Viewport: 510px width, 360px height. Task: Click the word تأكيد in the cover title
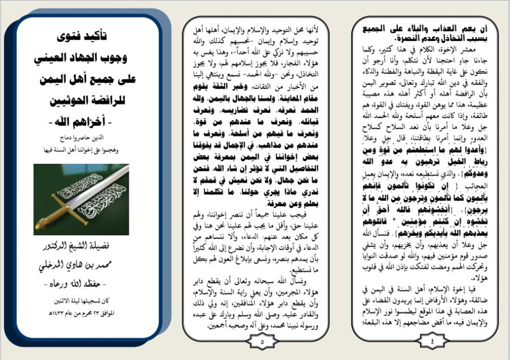click(101, 37)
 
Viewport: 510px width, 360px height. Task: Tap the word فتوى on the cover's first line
click(70, 37)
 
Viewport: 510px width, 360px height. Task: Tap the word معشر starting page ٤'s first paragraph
click(479, 49)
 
